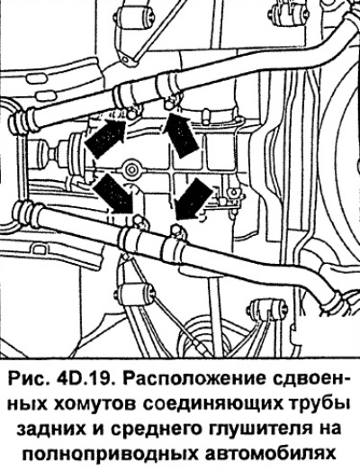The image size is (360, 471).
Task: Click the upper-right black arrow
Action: [x=181, y=134]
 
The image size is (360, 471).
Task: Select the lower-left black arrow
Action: [x=113, y=195]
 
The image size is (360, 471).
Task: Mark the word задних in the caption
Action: [x=50, y=430]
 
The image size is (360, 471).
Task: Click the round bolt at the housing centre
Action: [x=130, y=170]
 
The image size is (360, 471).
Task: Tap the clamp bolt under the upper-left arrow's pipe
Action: [x=130, y=114]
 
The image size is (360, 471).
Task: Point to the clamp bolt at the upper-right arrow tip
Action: [x=169, y=104]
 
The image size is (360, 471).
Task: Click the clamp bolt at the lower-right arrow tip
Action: [x=175, y=231]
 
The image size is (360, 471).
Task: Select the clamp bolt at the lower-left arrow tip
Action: [x=138, y=222]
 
